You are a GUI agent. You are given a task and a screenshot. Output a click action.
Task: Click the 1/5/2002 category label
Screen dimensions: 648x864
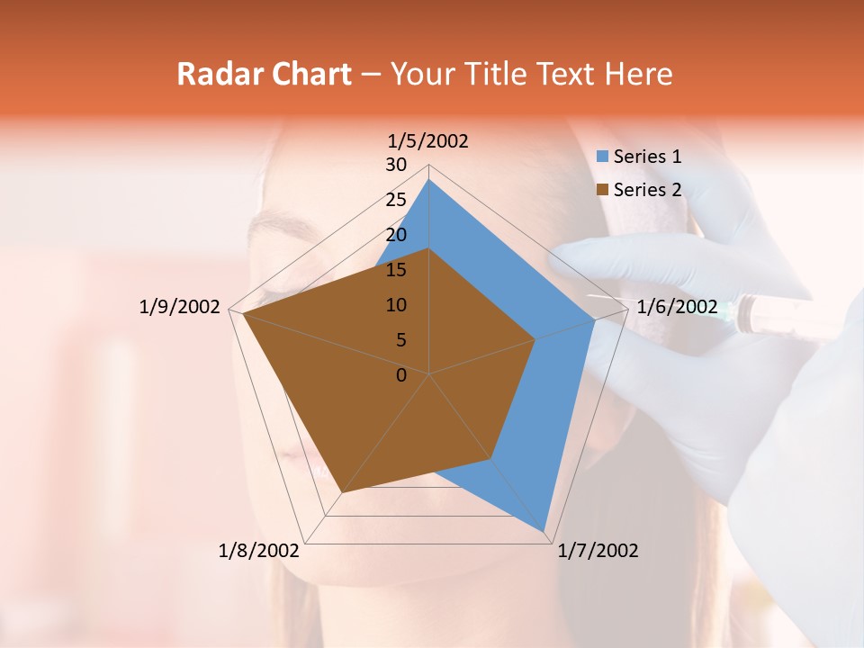tap(427, 141)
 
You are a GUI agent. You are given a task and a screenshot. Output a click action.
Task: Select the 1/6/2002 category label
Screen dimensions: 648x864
tap(677, 307)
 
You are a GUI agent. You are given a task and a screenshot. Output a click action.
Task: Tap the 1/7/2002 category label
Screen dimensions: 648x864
tap(598, 551)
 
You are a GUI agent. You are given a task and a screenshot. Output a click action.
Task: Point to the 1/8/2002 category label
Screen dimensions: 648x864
tap(259, 551)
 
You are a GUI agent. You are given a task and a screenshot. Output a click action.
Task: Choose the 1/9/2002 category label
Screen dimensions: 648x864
tap(179, 307)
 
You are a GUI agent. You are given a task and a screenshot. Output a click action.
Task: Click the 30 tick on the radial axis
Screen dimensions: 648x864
tap(396, 166)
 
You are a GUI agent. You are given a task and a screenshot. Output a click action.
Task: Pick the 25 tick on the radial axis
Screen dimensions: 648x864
tap(396, 201)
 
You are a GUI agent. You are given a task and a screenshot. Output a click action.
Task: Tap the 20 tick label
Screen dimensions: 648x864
tap(396, 236)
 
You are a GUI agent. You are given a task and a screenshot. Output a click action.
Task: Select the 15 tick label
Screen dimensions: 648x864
tap(396, 271)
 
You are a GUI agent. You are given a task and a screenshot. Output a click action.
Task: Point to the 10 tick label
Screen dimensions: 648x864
tap(396, 306)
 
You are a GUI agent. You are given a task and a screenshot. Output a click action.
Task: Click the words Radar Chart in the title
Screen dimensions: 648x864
tap(264, 75)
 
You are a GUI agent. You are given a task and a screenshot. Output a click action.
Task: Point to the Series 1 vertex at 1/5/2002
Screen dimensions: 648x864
tap(428, 180)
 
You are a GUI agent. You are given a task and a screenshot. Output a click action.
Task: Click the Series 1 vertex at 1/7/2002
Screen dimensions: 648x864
tap(544, 531)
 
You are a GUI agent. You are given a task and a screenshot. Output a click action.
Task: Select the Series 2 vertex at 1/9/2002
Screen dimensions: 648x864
tap(243, 315)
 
